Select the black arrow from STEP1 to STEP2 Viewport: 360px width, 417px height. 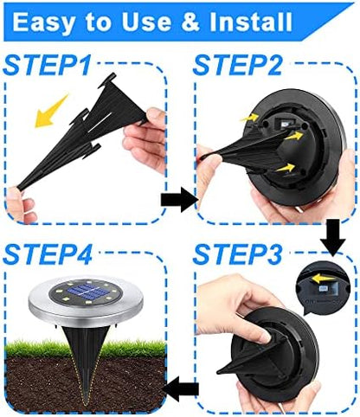(177, 200)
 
